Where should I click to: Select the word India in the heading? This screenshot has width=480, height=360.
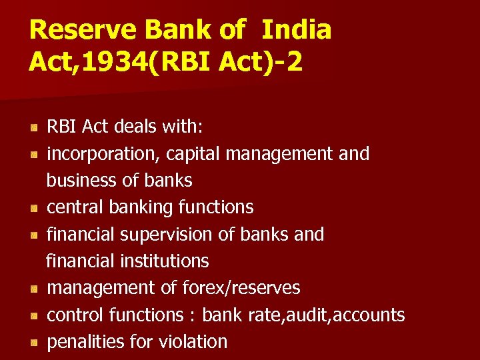click(x=296, y=31)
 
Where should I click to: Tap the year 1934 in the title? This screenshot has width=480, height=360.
click(x=117, y=62)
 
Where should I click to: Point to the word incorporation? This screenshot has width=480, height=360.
click(x=103, y=154)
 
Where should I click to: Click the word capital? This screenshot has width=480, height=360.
click(x=194, y=154)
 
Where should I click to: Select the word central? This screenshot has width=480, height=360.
click(x=71, y=207)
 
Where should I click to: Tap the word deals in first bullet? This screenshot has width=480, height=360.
click(x=131, y=127)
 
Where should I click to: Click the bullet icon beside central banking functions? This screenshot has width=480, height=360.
click(x=33, y=208)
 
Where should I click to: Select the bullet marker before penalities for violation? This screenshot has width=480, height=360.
click(x=33, y=343)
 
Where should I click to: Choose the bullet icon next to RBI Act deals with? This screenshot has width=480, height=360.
click(x=33, y=127)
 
